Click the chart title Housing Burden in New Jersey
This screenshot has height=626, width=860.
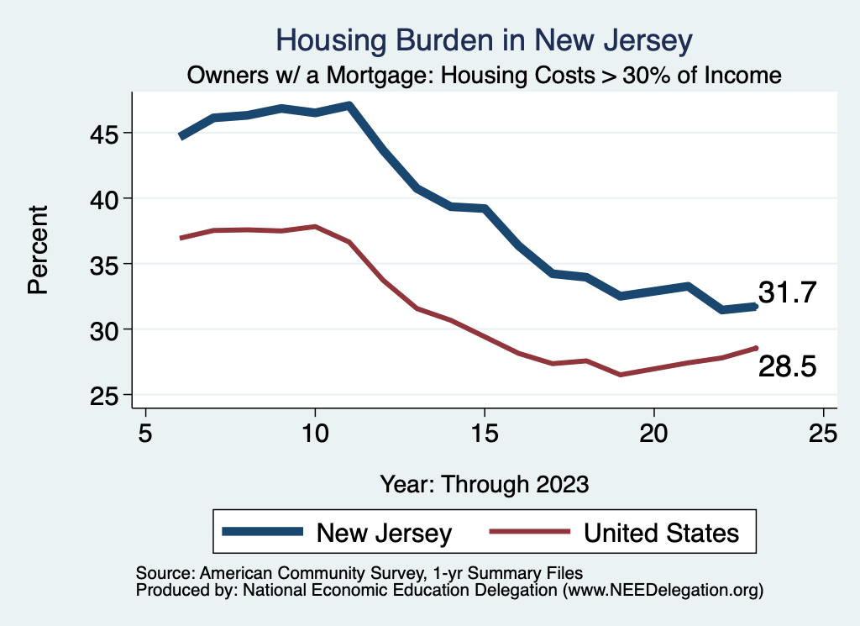485,40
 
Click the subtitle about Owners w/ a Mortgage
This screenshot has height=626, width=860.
485,76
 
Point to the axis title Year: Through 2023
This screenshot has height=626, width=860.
485,484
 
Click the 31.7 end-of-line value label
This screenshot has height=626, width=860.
787,292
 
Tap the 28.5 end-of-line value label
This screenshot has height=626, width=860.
787,366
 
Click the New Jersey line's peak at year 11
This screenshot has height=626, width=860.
349,106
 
